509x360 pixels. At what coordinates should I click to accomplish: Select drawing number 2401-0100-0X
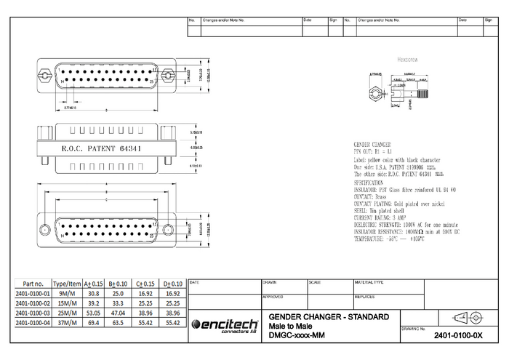coord(457,336)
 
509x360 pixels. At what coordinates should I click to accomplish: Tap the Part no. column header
coord(33,284)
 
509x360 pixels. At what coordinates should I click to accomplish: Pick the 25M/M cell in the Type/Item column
coord(68,312)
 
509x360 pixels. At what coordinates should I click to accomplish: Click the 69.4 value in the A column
coord(93,321)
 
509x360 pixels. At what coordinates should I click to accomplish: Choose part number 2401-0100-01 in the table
coord(33,293)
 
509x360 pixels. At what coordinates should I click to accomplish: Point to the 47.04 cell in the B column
coord(117,312)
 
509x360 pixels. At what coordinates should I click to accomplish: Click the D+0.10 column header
coord(172,284)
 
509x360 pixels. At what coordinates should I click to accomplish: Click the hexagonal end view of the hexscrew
coord(374,95)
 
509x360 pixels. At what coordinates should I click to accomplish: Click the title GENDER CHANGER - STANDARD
coord(329,317)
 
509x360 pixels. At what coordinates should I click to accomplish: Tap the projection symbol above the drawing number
coord(468,317)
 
